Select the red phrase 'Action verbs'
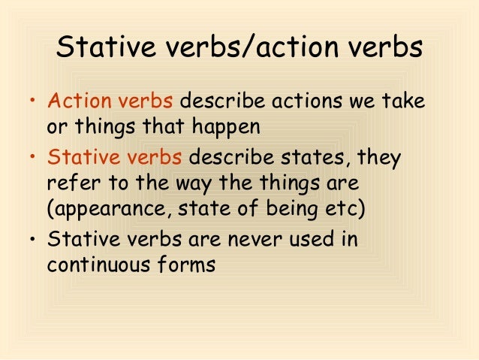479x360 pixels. click(x=110, y=101)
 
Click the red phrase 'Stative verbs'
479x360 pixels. click(x=114, y=159)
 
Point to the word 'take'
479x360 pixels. click(x=404, y=101)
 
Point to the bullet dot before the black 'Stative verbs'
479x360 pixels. click(x=32, y=241)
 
